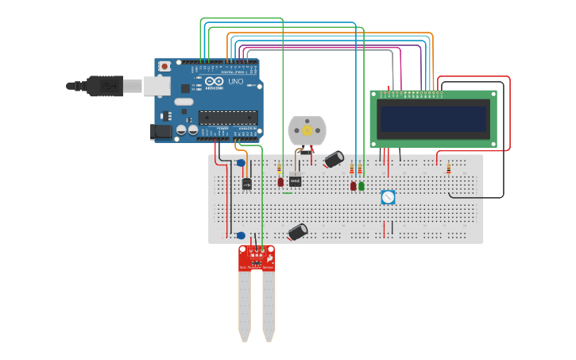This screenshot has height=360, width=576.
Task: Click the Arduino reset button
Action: tap(164, 66)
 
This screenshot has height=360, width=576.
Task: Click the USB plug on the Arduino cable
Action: tap(103, 84)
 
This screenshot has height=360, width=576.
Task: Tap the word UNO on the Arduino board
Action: tap(236, 81)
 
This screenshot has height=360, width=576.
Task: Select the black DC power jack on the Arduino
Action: tap(161, 133)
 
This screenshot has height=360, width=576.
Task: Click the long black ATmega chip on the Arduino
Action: tap(228, 118)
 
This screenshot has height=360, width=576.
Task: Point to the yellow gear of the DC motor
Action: tap(307, 129)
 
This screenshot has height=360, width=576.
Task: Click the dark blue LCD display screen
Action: tap(433, 119)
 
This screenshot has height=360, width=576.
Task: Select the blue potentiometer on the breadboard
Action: tap(388, 197)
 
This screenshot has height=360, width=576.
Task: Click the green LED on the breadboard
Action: tap(361, 186)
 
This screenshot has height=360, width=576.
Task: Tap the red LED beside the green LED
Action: tap(354, 186)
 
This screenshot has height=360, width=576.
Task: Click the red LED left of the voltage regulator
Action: tap(280, 182)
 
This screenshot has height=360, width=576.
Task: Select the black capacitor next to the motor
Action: tap(334, 159)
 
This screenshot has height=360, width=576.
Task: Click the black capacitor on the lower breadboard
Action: tap(298, 231)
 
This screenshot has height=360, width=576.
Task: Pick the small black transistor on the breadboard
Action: tap(247, 184)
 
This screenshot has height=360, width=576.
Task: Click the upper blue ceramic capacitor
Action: tap(241, 163)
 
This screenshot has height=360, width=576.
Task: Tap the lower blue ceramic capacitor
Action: tap(241, 235)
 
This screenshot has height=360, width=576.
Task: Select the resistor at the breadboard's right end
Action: tap(448, 168)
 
